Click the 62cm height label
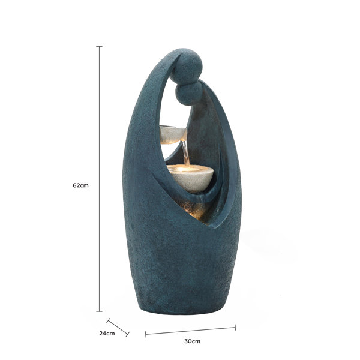click(x=80, y=185)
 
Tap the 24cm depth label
click(x=107, y=333)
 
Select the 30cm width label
click(x=192, y=341)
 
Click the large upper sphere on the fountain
click(x=187, y=66)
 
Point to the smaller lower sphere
click(x=189, y=93)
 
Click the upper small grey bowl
click(x=173, y=135)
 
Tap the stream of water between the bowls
click(x=185, y=152)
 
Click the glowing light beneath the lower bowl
click(x=195, y=210)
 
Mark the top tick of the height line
click(x=99, y=46)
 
